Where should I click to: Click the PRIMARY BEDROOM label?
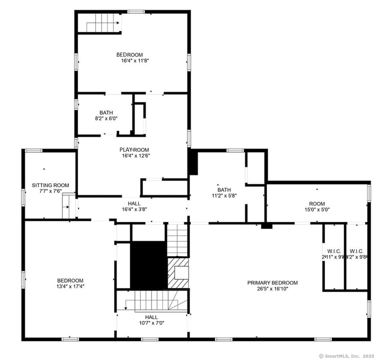(272, 283)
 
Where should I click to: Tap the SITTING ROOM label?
(50, 185)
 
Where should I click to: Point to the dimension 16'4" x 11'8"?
(135, 61)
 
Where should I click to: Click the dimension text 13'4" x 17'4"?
(70, 286)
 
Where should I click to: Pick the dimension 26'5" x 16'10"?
(272, 289)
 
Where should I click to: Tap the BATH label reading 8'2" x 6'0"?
(106, 113)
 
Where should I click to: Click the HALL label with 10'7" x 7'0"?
(151, 317)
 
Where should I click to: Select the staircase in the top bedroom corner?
(99, 23)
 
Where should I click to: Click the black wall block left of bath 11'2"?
(194, 163)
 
